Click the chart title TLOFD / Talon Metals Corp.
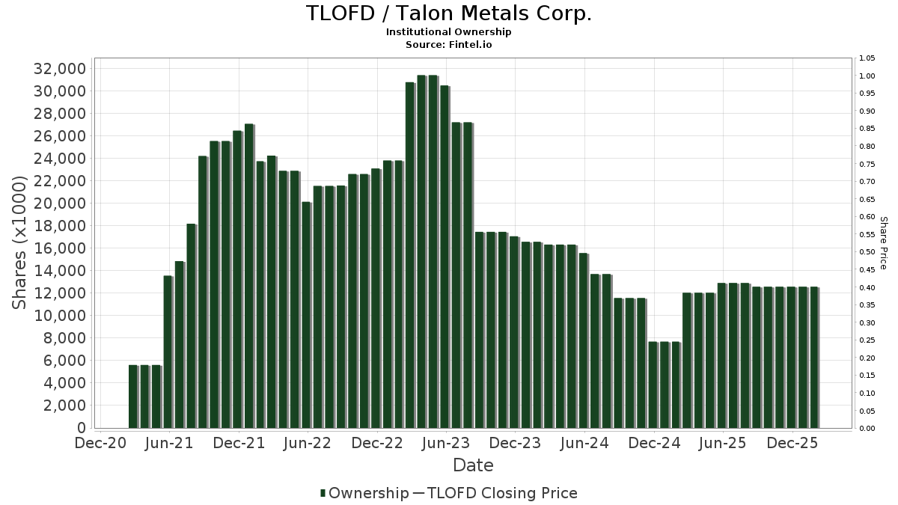[449, 13]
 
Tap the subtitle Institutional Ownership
[449, 32]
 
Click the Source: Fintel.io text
[449, 44]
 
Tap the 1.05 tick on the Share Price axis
[867, 58]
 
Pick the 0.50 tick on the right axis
[867, 252]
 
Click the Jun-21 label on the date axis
[169, 444]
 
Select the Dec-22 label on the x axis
[377, 444]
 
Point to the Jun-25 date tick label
[723, 444]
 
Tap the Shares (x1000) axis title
[20, 242]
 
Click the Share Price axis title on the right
[883, 242]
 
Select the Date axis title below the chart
[473, 465]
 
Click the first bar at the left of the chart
[133, 397]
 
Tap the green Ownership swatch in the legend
[323, 493]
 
